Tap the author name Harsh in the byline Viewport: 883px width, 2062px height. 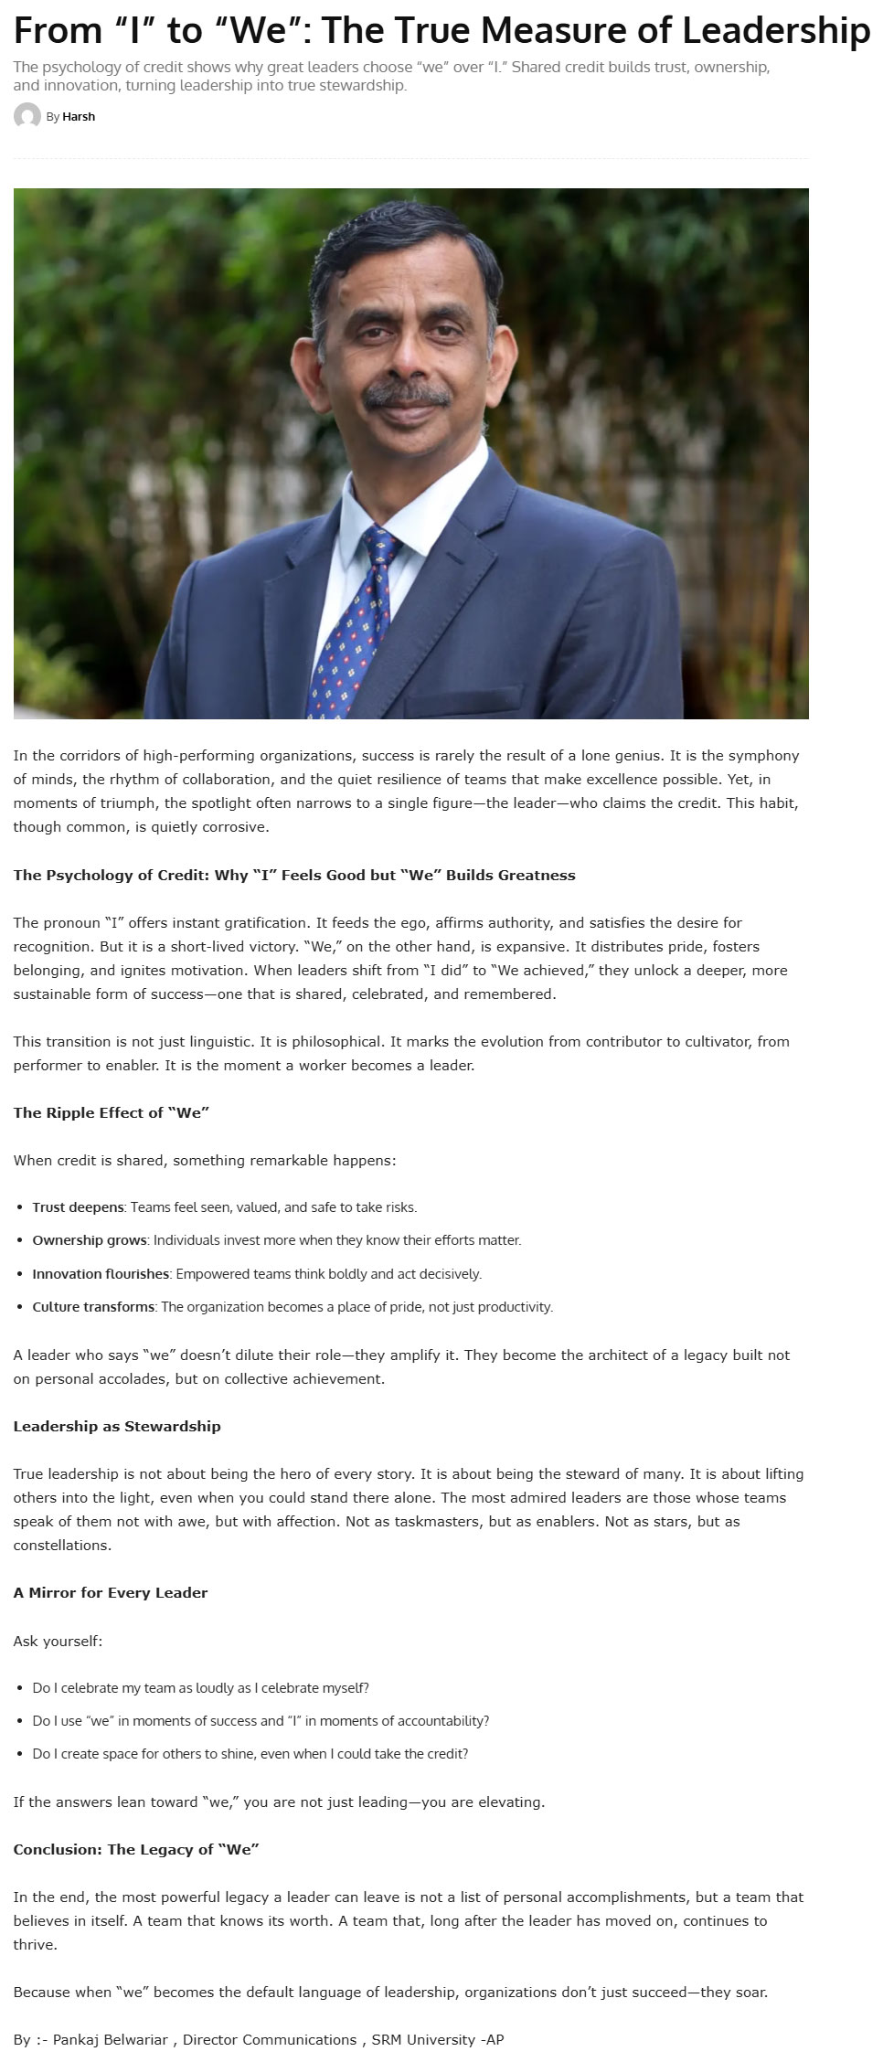[x=79, y=116]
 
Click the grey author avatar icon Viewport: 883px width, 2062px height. [x=27, y=116]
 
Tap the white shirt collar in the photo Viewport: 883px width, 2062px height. [x=402, y=512]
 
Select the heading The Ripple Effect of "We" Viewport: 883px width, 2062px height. [x=112, y=1112]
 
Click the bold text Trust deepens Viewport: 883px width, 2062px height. [x=78, y=1207]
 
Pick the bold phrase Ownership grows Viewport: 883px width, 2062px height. [x=90, y=1240]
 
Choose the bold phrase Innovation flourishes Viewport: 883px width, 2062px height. [x=101, y=1273]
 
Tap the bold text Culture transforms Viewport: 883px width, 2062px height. [x=93, y=1307]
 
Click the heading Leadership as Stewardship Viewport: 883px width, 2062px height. [x=117, y=1426]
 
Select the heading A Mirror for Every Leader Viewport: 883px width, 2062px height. [x=111, y=1592]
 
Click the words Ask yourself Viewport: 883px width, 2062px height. [x=58, y=1641]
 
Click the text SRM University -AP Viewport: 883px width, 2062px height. [x=438, y=2040]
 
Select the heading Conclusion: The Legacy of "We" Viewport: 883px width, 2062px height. [x=136, y=1849]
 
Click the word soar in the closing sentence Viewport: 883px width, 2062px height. [x=750, y=1993]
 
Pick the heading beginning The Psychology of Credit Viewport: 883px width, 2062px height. [x=294, y=875]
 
